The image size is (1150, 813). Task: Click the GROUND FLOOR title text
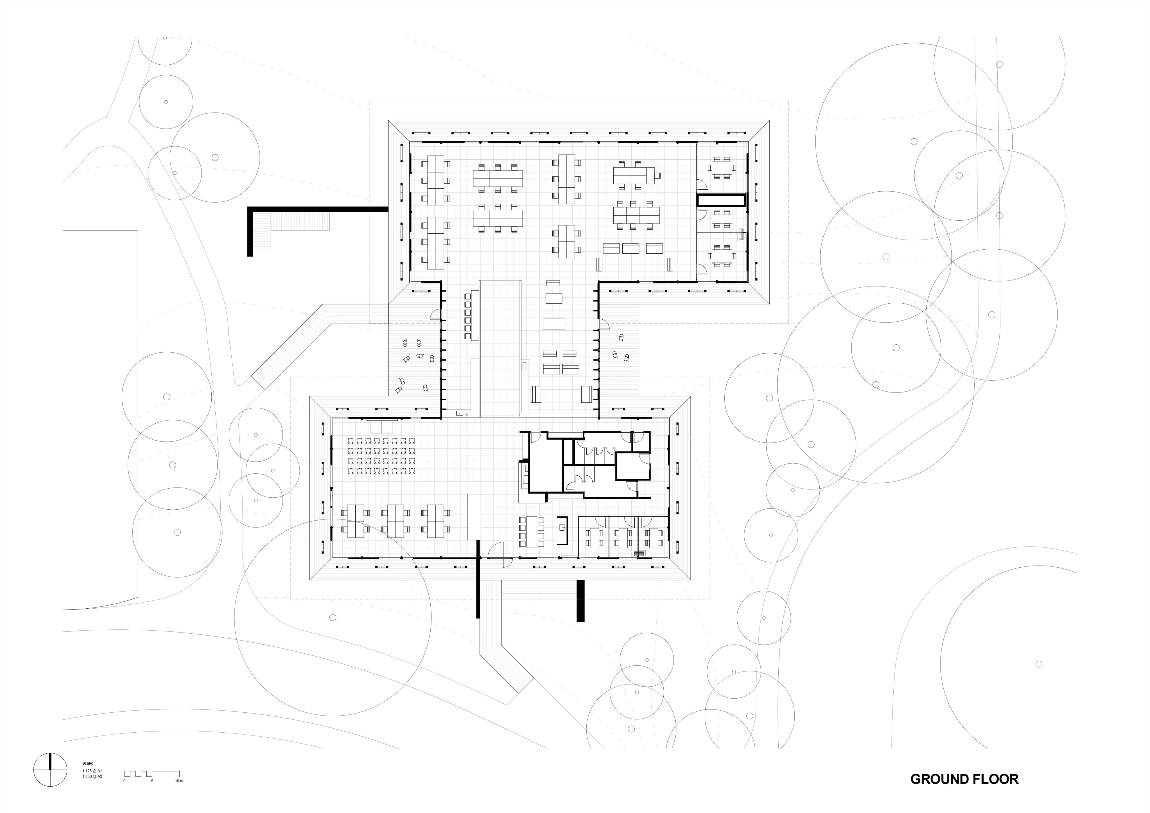964,779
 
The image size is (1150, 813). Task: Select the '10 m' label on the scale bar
179,781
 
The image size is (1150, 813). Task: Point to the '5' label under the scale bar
152,781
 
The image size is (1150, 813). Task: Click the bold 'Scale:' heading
88,764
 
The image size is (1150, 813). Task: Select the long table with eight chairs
531,532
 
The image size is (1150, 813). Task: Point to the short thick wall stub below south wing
581,600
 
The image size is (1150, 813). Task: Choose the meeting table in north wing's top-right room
722,167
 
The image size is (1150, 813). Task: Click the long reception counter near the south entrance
474,517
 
